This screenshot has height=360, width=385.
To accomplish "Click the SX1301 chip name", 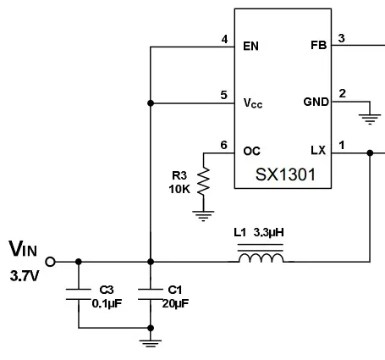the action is (285, 174).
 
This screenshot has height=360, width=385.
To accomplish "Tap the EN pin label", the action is (250, 46).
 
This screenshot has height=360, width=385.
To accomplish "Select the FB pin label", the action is (319, 45).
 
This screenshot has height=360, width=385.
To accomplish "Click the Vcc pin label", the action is (253, 103).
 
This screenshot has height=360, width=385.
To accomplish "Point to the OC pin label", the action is (251, 151).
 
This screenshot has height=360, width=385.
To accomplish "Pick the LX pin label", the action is (318, 150).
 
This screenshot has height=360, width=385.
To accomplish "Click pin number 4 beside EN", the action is (224, 39).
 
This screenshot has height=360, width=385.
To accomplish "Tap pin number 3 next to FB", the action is (341, 38).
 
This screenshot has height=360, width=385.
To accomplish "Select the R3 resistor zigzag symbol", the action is (203, 180).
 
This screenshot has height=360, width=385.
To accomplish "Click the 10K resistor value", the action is (179, 189).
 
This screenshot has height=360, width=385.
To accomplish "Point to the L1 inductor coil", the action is (261, 258).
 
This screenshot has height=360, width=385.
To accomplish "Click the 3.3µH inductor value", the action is (268, 232).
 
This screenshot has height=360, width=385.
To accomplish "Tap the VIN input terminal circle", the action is (50, 262).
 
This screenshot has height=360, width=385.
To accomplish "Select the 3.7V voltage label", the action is (24, 276).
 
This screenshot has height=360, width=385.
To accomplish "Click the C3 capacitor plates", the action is (79, 294).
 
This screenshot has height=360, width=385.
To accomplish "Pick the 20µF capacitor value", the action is (175, 303).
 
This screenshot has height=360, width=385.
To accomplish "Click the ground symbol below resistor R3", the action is (203, 216).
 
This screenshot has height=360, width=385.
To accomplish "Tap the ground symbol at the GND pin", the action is (370, 119).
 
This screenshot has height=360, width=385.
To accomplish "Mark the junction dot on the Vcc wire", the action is (151, 103).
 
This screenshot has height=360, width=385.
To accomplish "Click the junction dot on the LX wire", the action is (370, 153).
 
